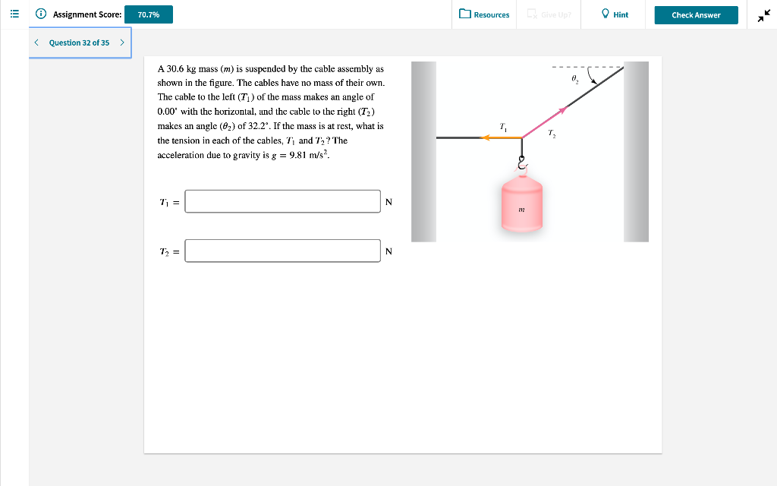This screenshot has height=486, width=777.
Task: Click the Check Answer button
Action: tap(696, 14)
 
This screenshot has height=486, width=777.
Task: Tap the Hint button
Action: tap(615, 14)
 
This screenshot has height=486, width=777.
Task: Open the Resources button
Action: tap(484, 14)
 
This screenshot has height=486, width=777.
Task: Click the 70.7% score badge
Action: tap(148, 14)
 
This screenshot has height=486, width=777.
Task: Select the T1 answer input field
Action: tap(282, 201)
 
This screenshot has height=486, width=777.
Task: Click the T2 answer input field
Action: tap(282, 251)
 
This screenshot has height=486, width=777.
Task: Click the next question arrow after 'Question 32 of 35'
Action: tap(121, 43)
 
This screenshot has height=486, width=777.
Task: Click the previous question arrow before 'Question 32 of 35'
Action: tap(36, 43)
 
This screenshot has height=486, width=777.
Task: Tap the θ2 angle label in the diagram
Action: tap(574, 79)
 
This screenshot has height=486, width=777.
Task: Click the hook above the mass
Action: tap(521, 163)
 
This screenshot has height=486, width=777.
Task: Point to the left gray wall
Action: tap(423, 152)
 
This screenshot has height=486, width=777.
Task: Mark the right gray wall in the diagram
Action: tap(636, 152)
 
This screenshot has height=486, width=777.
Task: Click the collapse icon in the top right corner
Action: tap(762, 15)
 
